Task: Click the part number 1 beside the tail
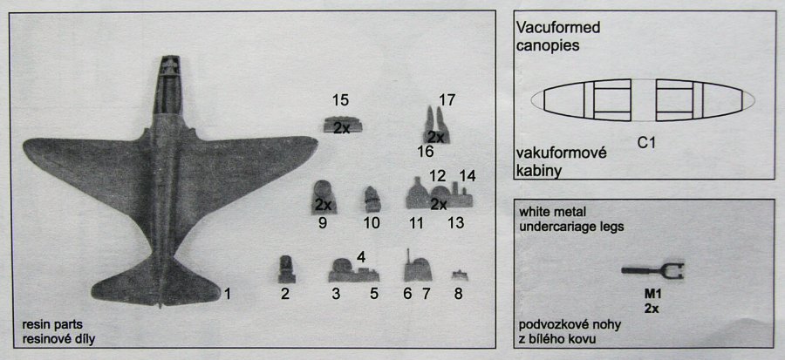pos(228,294)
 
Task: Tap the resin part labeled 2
pos(286,269)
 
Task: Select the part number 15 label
pos(340,100)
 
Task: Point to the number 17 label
pos(447,100)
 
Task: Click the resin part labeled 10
pos(372,199)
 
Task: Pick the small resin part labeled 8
pos(460,275)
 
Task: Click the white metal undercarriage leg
pos(652,270)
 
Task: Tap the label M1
pos(652,295)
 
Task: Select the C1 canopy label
pos(646,143)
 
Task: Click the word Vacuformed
pos(558,27)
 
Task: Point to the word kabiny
pos(538,171)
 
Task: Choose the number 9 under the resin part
pos(323,223)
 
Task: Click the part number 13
pos(456,223)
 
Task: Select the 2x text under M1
pos(652,309)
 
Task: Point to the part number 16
pos(426,152)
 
